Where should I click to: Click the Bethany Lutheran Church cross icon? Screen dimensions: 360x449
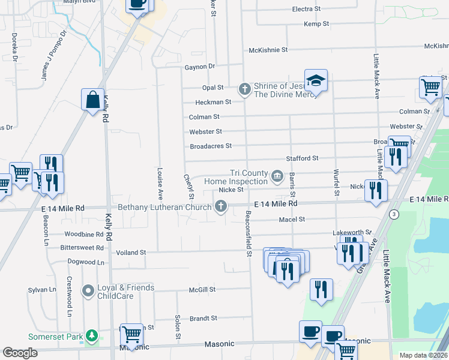pos(221,207)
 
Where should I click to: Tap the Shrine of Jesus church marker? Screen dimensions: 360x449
pos(244,89)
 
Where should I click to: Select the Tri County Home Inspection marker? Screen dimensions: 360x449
pos(277,176)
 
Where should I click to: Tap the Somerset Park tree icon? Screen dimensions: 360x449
pos(91,336)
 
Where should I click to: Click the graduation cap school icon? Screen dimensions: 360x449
pos(316,80)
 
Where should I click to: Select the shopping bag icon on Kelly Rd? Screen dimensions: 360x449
pos(93,100)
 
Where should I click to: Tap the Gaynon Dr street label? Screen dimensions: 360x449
pos(200,67)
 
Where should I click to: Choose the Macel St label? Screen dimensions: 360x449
pos(292,220)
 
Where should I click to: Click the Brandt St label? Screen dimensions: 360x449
pos(203,319)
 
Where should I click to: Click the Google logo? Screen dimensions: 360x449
pos(20,353)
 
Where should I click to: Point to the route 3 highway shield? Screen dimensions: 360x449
pos(394,214)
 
